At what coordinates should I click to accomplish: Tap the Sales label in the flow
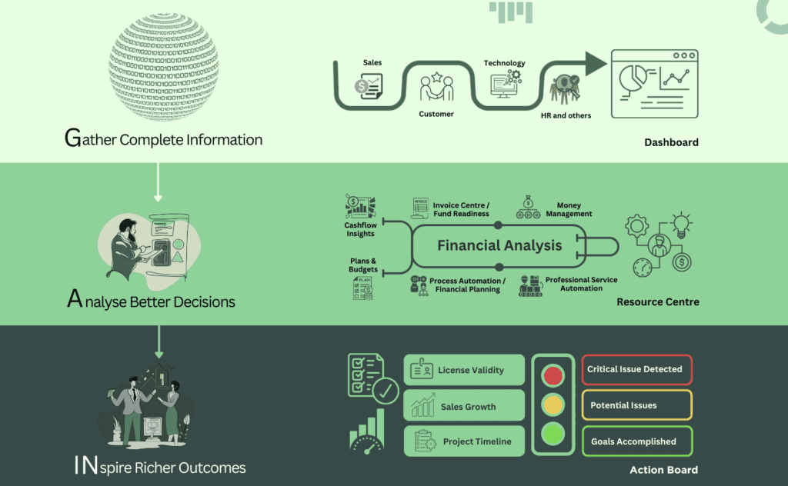[x=372, y=62]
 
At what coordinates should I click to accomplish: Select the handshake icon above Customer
[x=436, y=88]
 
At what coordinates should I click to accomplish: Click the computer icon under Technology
[x=504, y=84]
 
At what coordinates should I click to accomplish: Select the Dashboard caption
[x=671, y=142]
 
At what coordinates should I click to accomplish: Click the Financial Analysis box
[x=499, y=246]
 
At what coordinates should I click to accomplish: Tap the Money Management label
[x=569, y=210]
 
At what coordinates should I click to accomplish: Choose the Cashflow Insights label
[x=360, y=229]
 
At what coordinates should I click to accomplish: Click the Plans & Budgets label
[x=363, y=265]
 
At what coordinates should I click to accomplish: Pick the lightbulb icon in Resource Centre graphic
[x=682, y=225]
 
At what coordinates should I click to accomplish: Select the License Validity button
[x=464, y=370]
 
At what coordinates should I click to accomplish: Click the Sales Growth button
[x=464, y=407]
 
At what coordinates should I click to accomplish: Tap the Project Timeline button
[x=464, y=442]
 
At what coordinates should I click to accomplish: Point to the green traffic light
[x=553, y=433]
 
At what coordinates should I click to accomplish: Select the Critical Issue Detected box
[x=636, y=370]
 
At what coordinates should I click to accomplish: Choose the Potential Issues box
[x=636, y=405]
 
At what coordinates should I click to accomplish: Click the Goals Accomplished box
[x=636, y=441]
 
